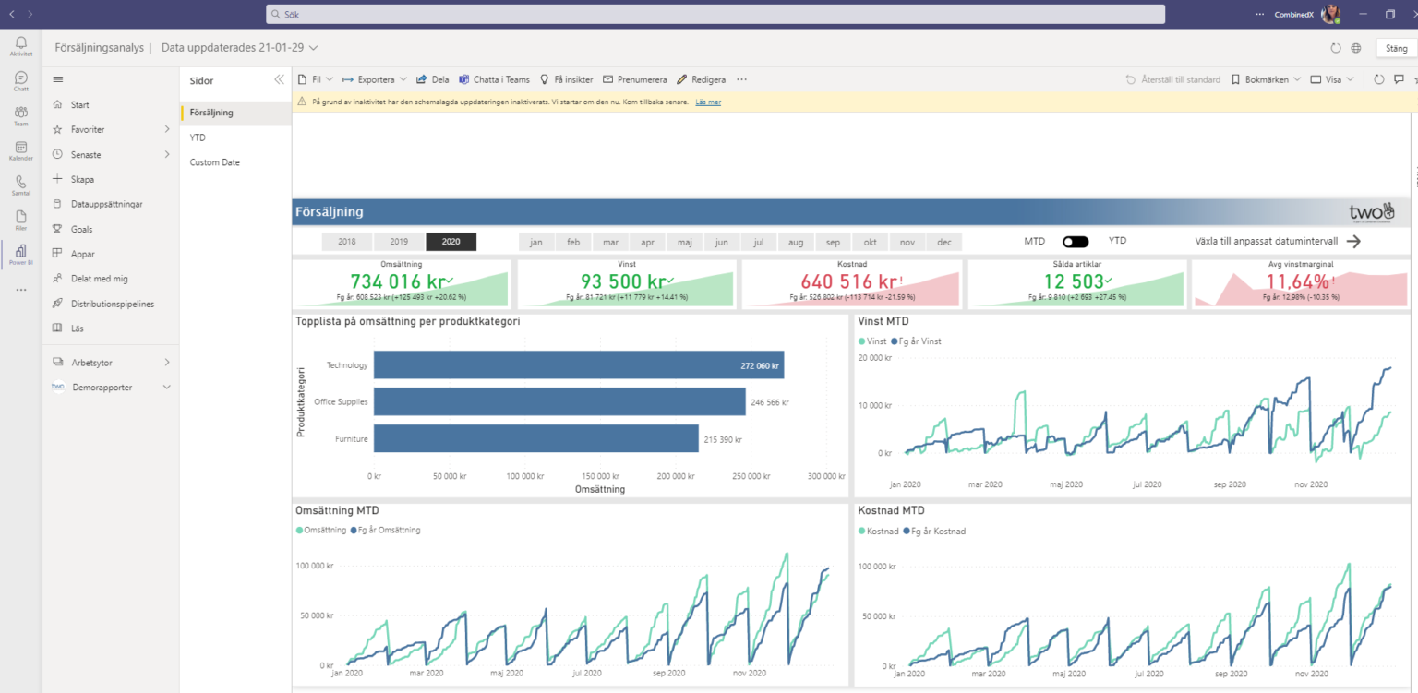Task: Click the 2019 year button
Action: [x=399, y=242]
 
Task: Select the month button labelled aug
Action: [x=796, y=242]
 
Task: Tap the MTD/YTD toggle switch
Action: [x=1075, y=242]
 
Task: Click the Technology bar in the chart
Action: [x=579, y=365]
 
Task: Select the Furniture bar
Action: [x=535, y=439]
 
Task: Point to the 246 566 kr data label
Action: [x=769, y=402]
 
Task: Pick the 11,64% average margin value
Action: [x=1296, y=281]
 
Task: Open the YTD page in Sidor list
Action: [x=198, y=137]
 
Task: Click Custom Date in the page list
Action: [x=214, y=162]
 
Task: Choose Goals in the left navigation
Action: [x=81, y=229]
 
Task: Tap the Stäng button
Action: [x=1396, y=48]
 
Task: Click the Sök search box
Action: [x=715, y=15]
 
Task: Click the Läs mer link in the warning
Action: [x=708, y=102]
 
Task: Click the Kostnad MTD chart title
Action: [x=891, y=510]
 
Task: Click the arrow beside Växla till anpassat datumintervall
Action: [x=1353, y=242]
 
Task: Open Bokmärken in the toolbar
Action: [x=1266, y=79]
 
